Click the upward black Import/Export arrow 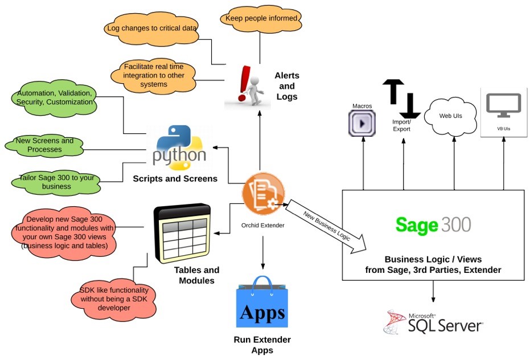tap(392, 91)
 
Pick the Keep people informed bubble tap(261, 18)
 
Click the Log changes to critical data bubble tap(151, 27)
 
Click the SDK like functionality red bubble tap(114, 298)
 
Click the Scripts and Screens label tap(175, 178)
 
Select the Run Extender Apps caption tap(262, 345)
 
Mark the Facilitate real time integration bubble tap(153, 75)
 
